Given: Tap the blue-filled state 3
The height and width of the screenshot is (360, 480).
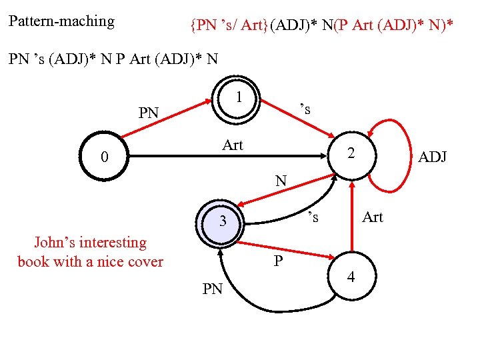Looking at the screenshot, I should [225, 221].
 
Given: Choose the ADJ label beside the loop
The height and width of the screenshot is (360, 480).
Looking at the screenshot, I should [432, 157].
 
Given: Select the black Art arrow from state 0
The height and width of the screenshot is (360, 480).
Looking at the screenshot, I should [227, 158].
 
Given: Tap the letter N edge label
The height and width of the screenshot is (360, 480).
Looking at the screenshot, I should [281, 181].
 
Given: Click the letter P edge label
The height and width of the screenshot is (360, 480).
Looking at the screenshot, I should [279, 261].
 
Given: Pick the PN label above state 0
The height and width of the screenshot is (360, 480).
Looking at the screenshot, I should [148, 113].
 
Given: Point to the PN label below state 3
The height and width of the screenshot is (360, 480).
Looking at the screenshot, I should [212, 289].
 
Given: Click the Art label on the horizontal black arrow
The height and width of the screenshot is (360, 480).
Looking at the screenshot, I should [233, 145].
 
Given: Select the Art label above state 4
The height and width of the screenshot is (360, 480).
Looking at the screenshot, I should [372, 217].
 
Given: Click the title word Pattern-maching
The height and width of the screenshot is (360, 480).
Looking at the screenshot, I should [61, 21].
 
